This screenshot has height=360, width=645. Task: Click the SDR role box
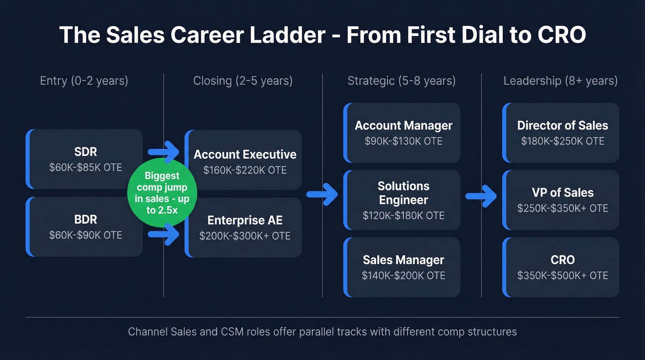pyautogui.click(x=85, y=159)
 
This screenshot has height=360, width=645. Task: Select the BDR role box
pyautogui.click(x=85, y=227)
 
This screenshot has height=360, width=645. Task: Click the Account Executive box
pyautogui.click(x=244, y=160)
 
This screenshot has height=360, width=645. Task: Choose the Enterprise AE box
pyautogui.click(x=244, y=228)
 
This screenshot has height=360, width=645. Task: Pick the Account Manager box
pyautogui.click(x=403, y=133)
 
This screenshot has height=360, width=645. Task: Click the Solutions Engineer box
pyautogui.click(x=403, y=200)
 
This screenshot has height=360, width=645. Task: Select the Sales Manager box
pyautogui.click(x=403, y=267)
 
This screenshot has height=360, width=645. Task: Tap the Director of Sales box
pyautogui.click(x=562, y=133)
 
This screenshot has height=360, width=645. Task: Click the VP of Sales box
pyautogui.click(x=562, y=200)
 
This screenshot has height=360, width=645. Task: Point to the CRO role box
pyautogui.click(x=562, y=267)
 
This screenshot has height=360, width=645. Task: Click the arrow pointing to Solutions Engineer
pyautogui.click(x=322, y=194)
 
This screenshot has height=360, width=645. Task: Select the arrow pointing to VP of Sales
pyautogui.click(x=481, y=196)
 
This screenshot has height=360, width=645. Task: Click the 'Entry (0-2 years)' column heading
pyautogui.click(x=84, y=81)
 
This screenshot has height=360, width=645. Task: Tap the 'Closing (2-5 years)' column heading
pyautogui.click(x=243, y=81)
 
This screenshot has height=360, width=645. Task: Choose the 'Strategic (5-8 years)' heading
pyautogui.click(x=401, y=81)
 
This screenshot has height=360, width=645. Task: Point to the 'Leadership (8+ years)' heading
pyautogui.click(x=560, y=81)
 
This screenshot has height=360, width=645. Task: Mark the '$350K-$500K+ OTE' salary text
pyautogui.click(x=562, y=276)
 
